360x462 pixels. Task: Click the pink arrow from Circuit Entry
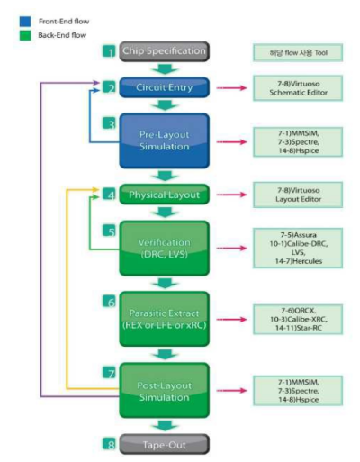[238, 88]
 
